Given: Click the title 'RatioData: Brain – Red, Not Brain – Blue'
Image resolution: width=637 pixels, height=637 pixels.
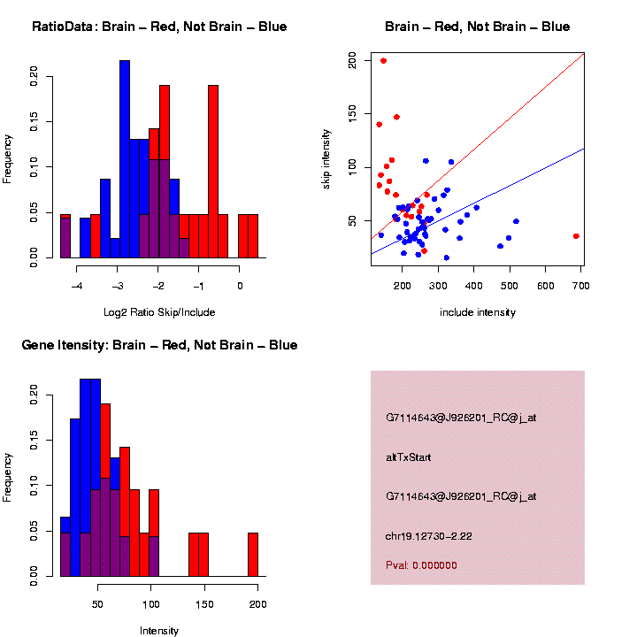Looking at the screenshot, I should click(159, 27).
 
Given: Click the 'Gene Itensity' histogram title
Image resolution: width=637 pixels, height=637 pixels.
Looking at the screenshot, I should click(159, 345).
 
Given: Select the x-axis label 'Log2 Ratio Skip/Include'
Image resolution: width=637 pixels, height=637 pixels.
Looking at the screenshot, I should click(158, 312).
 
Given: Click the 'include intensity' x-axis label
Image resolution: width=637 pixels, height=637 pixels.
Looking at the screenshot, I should click(478, 312).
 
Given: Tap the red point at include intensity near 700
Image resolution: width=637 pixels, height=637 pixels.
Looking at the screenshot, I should click(576, 236).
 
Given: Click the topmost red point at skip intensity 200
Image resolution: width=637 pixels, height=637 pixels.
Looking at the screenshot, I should click(383, 61).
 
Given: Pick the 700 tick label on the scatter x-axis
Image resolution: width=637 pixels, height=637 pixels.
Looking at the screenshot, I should click(581, 286).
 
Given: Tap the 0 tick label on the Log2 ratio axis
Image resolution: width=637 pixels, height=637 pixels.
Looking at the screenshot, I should click(240, 286).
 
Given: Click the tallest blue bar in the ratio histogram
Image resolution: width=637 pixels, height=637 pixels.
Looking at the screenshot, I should click(125, 159).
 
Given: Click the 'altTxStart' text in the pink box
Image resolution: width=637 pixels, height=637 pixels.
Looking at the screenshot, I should click(408, 457).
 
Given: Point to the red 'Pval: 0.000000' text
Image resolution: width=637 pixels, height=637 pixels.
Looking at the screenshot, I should click(421, 565).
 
